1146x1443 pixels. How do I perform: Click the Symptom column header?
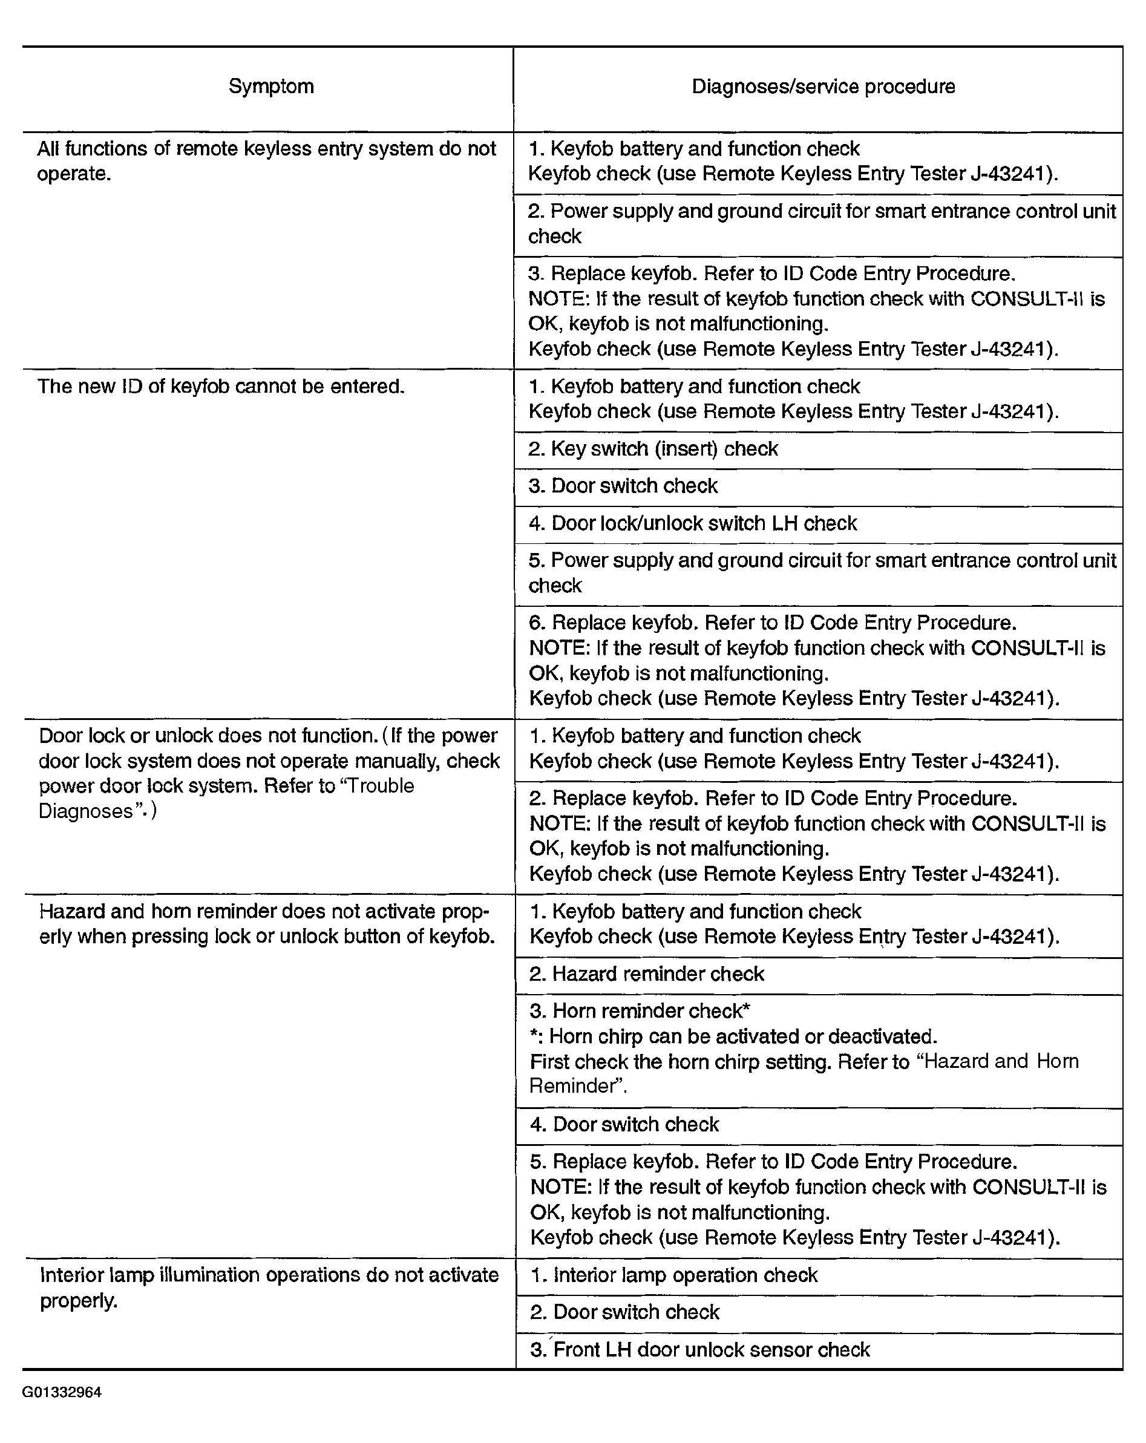(271, 87)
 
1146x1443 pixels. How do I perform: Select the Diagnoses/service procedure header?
(823, 87)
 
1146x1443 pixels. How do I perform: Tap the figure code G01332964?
(62, 1392)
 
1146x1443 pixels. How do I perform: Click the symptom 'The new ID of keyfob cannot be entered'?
(221, 386)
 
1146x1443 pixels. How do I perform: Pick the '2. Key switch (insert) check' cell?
(653, 448)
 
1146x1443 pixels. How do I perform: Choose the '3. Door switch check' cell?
(623, 486)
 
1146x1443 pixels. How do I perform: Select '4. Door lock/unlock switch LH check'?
(692, 523)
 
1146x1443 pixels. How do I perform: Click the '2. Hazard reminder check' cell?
(646, 974)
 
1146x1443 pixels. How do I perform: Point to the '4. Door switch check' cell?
(624, 1124)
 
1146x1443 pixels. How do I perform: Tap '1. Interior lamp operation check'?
(673, 1275)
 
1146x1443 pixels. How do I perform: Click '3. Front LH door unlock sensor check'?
(700, 1349)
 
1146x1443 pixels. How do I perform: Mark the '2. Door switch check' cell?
(624, 1312)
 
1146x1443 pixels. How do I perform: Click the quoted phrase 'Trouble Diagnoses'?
(226, 799)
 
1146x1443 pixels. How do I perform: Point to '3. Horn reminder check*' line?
(640, 1010)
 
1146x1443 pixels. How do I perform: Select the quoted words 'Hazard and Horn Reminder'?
(804, 1073)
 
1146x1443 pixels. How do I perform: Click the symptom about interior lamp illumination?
(269, 1287)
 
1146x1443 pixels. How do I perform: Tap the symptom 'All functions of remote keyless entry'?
(266, 160)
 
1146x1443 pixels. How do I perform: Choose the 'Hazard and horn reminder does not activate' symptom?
(266, 924)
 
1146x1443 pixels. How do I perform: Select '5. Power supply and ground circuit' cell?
(822, 573)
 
